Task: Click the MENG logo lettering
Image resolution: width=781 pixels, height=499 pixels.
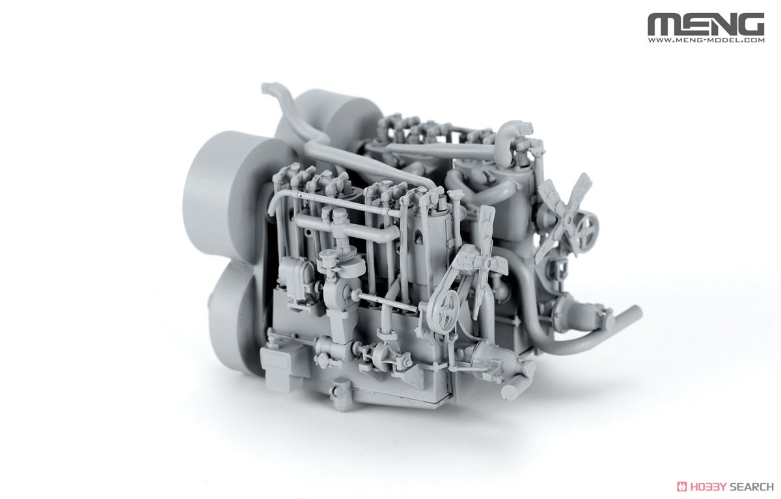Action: pyautogui.click(x=706, y=24)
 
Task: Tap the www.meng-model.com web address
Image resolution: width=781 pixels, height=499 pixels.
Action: pyautogui.click(x=706, y=40)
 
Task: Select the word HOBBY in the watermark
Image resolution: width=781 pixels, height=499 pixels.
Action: pyautogui.click(x=706, y=487)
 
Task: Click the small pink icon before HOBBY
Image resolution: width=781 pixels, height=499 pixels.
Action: pyautogui.click(x=681, y=487)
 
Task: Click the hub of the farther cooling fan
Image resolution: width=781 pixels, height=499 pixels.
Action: pyautogui.click(x=567, y=219)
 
